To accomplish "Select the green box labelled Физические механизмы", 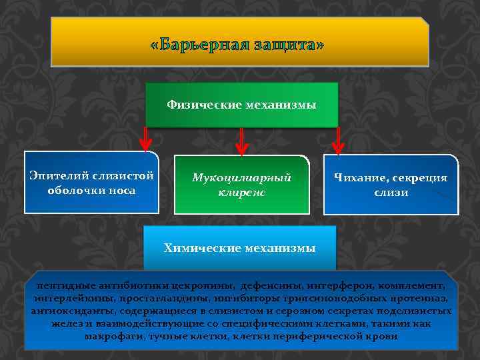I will coord(241,105).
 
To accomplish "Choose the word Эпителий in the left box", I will coord(59,176).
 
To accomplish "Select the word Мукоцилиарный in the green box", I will coord(241,178).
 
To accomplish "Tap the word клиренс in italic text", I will coord(241,192).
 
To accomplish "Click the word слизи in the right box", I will coord(391,193).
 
